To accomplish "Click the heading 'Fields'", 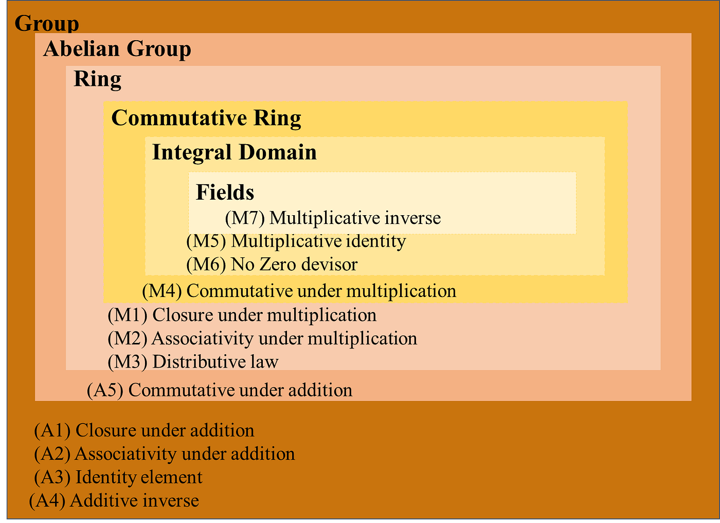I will [x=225, y=192].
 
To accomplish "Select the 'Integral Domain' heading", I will [x=234, y=152].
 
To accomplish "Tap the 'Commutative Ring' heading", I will [x=206, y=118].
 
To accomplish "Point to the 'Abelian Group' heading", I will [x=117, y=49].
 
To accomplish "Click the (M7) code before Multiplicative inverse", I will [x=245, y=218].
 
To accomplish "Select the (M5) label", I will [x=206, y=241].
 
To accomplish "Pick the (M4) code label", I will [x=162, y=291].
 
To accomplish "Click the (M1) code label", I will [x=128, y=315].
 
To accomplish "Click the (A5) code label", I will [x=105, y=390].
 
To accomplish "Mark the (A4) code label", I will [x=47, y=500].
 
